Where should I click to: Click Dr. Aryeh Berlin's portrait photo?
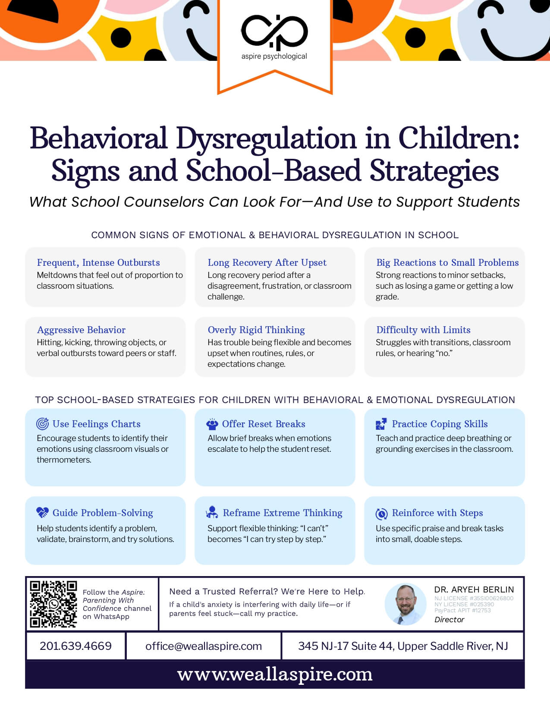[405, 604]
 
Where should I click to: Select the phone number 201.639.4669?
[75, 646]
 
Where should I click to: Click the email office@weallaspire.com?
[204, 646]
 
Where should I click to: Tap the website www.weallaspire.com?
[275, 674]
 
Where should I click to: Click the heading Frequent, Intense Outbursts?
[98, 262]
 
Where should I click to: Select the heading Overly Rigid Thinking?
[256, 330]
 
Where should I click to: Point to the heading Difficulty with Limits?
[423, 330]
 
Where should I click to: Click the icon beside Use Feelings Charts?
[42, 424]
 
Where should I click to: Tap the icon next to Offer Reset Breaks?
[212, 424]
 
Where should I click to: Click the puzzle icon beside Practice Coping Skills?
[381, 424]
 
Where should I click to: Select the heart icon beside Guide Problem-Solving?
[42, 513]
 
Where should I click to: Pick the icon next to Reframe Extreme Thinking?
[212, 512]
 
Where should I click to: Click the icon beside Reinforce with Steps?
[381, 513]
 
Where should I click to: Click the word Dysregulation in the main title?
[266, 139]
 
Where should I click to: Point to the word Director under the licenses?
[449, 620]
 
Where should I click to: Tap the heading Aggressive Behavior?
[81, 330]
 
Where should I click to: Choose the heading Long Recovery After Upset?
[267, 262]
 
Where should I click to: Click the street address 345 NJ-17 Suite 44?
[345, 646]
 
